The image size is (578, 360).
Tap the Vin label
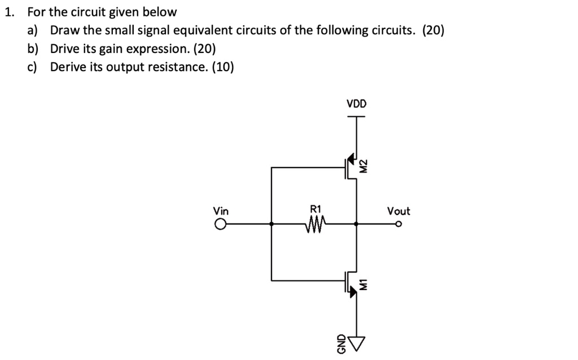[221, 211]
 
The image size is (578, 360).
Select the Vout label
[399, 211]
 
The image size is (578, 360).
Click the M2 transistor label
[364, 166]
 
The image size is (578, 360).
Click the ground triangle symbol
[356, 342]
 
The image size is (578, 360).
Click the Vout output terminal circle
[399, 224]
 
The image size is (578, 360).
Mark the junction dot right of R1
[356, 224]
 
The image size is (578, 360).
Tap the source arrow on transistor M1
[352, 291]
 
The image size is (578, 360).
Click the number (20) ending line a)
[433, 30]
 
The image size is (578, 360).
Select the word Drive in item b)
[65, 49]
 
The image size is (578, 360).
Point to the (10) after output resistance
[223, 67]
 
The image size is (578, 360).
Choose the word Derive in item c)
[67, 67]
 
